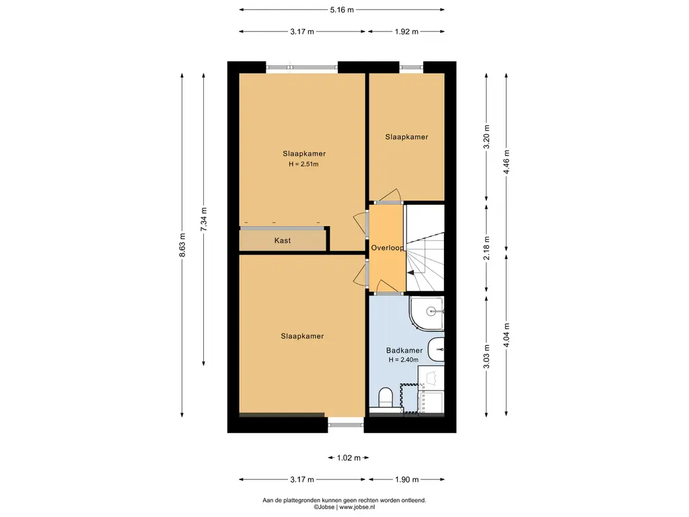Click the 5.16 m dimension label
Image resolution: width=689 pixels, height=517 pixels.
point(342,9)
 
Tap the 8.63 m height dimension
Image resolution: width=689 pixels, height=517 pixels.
point(182,245)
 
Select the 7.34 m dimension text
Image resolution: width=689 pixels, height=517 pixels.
point(203,219)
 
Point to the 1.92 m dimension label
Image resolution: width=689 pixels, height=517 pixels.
point(406,32)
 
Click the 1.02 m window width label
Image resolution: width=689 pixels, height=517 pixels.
point(349,458)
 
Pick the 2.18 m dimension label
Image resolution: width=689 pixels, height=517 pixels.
point(486,248)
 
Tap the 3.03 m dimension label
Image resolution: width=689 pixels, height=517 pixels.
point(486,357)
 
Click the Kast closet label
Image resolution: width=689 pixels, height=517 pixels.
point(283,240)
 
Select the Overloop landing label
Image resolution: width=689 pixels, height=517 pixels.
point(387,248)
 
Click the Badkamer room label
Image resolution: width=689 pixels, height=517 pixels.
point(404,350)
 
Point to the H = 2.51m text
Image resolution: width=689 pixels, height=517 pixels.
point(303,164)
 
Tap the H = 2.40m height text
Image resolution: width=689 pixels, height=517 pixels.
point(404,359)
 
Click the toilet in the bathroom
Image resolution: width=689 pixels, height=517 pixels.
point(386,399)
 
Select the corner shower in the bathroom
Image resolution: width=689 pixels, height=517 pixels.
point(427,314)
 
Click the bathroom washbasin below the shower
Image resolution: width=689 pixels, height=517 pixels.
point(436,349)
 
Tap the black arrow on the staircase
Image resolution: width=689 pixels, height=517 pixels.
point(411,273)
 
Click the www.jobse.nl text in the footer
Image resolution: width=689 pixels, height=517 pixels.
point(357,508)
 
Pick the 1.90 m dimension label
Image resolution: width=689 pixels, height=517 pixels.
point(406,479)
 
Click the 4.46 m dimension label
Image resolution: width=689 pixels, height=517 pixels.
point(507,162)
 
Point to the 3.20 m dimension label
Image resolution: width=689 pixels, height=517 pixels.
point(486,137)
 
